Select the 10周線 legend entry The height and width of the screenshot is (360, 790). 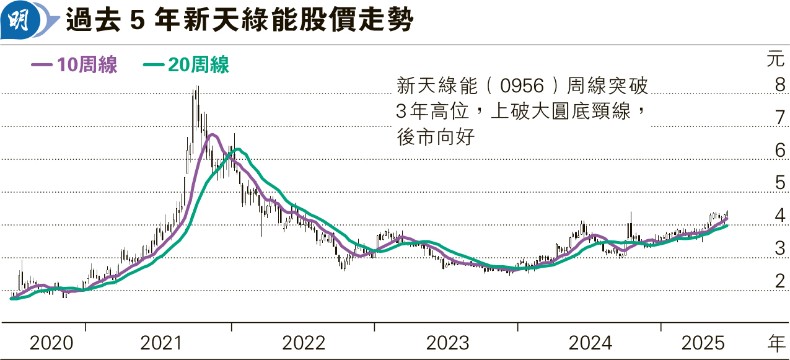click(74, 65)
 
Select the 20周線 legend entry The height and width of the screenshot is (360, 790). click(187, 65)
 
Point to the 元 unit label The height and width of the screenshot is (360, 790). click(775, 61)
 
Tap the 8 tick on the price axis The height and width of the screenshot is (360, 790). click(780, 85)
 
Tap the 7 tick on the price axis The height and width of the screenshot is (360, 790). click(780, 118)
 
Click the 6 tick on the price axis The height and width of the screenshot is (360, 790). click(780, 151)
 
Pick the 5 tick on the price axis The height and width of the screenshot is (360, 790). click(780, 183)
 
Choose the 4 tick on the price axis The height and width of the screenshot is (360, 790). click(780, 216)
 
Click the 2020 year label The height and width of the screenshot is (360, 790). click(51, 343)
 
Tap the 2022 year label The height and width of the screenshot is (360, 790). click(304, 343)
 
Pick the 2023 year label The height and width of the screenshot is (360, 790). click(447, 343)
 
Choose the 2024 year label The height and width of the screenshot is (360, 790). click(590, 343)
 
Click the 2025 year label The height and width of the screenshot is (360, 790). click(703, 343)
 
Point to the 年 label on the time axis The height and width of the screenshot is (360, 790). click(775, 342)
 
